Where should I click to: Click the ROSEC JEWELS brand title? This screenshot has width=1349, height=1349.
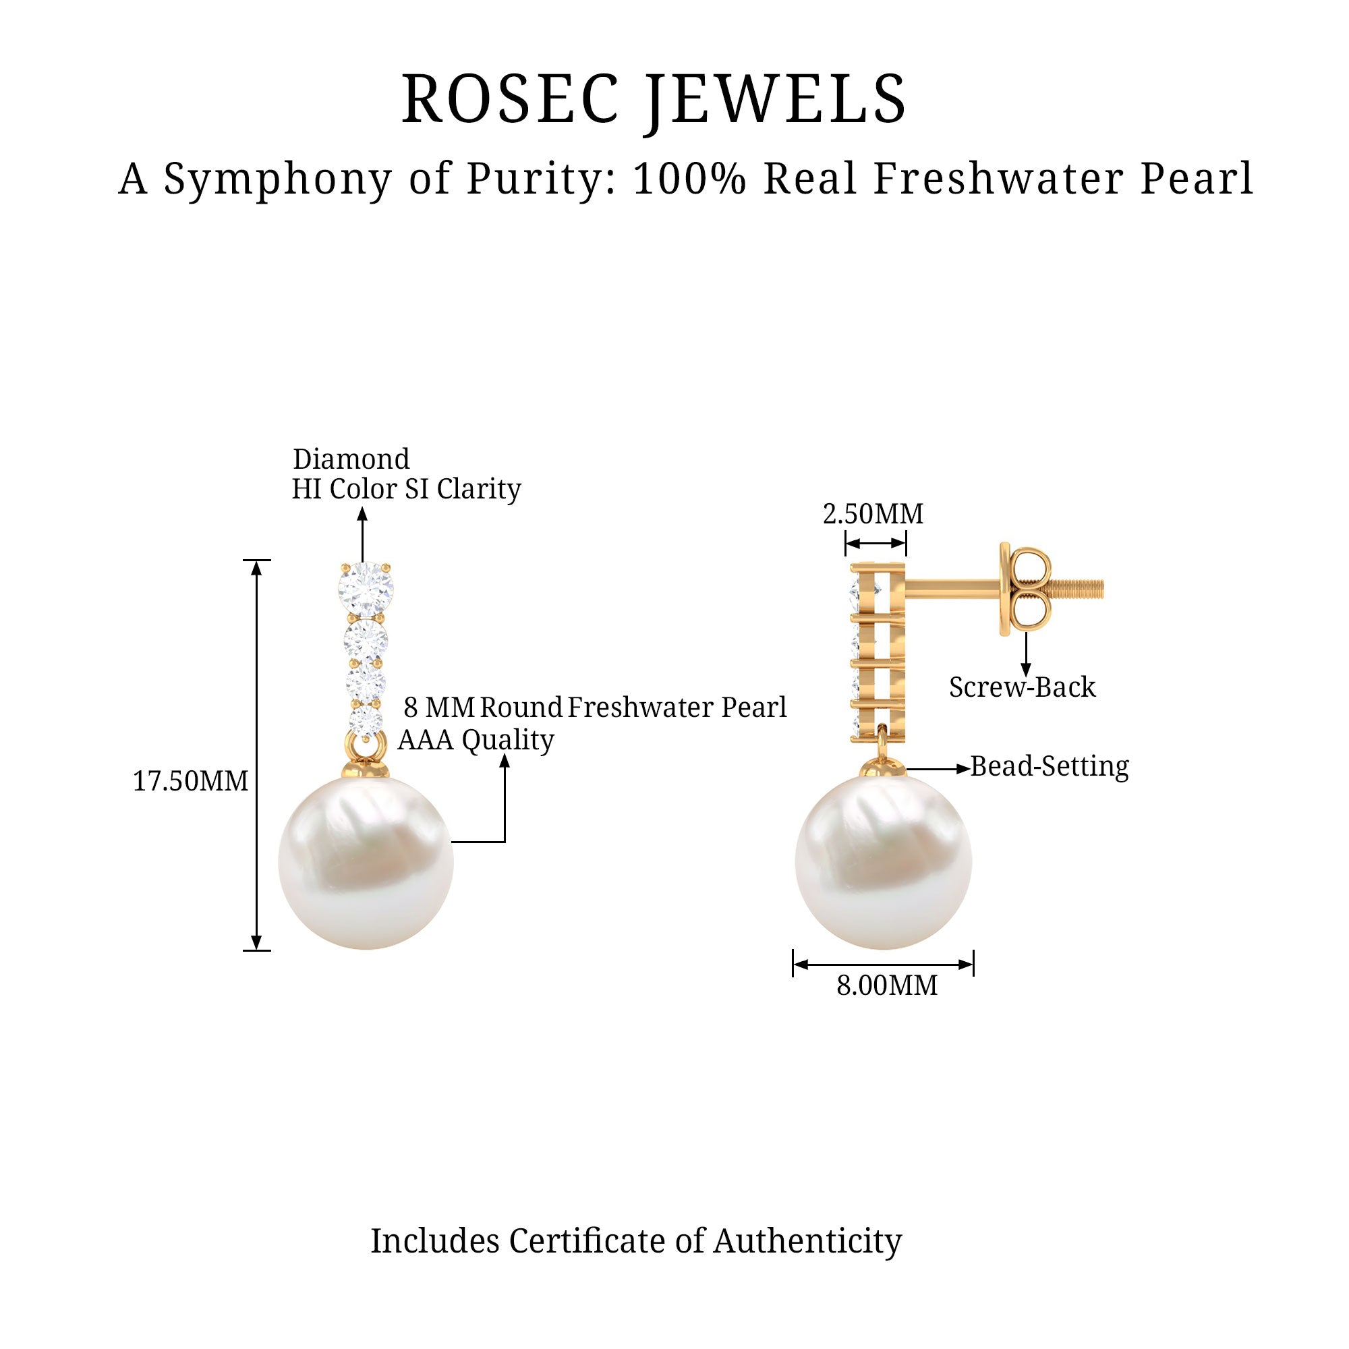coord(654,99)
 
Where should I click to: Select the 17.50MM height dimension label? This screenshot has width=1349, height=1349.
coord(191,780)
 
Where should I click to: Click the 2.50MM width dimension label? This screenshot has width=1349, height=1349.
coord(873,514)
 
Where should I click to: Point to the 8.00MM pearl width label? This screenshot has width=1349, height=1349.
coord(887,985)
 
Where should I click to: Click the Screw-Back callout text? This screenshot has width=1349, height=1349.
coord(1021,687)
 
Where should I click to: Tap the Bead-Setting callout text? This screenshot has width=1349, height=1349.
coord(1050,766)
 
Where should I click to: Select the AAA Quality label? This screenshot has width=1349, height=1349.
coord(476,739)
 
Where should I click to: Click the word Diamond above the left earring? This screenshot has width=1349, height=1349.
coord(351,459)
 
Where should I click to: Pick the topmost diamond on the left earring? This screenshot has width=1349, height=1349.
coord(365,590)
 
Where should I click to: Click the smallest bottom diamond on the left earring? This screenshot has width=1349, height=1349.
coord(366,721)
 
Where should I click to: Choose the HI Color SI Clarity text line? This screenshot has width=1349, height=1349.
coord(405,489)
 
